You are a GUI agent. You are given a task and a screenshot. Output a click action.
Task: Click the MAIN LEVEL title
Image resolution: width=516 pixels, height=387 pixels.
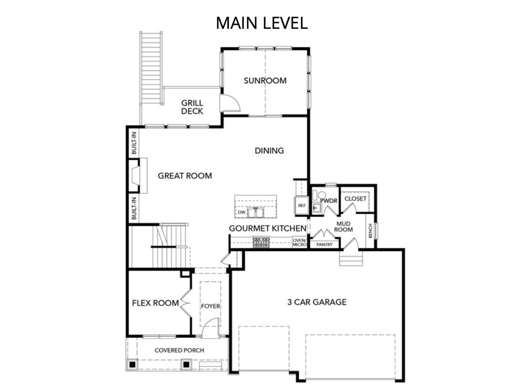tap(262, 23)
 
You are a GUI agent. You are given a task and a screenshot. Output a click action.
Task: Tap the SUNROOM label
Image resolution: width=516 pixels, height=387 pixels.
tap(265, 81)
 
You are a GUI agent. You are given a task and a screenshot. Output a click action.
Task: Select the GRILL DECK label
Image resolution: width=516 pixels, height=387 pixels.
tap(192, 107)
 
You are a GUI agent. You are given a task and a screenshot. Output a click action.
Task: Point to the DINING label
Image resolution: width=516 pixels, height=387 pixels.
tap(269, 151)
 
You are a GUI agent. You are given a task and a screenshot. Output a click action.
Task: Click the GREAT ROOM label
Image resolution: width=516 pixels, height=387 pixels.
tap(184, 176)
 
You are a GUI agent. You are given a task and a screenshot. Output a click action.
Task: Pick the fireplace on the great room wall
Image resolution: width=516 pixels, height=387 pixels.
tap(138, 176)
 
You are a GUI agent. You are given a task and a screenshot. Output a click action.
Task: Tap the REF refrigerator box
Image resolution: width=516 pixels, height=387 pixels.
tap(301, 206)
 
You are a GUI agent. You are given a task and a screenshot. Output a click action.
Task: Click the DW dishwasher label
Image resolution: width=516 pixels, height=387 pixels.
tap(241, 212)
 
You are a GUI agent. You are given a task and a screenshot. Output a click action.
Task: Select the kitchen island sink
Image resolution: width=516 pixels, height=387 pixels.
tap(255, 212)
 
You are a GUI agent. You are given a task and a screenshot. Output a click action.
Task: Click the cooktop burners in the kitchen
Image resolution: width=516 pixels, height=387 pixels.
tap(261, 242)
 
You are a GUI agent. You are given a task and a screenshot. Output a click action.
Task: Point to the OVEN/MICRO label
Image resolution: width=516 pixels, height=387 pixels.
tap(299, 242)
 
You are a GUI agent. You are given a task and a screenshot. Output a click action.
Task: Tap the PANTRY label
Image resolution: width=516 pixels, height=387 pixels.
tap(325, 244)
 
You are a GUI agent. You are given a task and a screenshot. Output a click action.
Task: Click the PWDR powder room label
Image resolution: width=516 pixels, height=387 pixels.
tap(329, 201)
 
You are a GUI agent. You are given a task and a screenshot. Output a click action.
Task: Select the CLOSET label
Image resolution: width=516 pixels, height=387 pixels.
tap(355, 199)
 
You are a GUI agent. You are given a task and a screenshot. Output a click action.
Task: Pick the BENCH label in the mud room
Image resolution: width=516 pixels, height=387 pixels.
tap(370, 231)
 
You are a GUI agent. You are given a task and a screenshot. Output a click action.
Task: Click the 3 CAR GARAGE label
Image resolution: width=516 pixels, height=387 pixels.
tap(317, 302)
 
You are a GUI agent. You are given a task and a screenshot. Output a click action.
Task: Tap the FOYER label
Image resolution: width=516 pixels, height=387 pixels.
tap(211, 306)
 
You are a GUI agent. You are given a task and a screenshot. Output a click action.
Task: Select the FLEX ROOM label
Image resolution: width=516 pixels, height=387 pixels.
tap(155, 303)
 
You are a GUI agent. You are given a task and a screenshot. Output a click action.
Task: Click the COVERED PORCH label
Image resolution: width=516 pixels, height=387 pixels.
tap(179, 350)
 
